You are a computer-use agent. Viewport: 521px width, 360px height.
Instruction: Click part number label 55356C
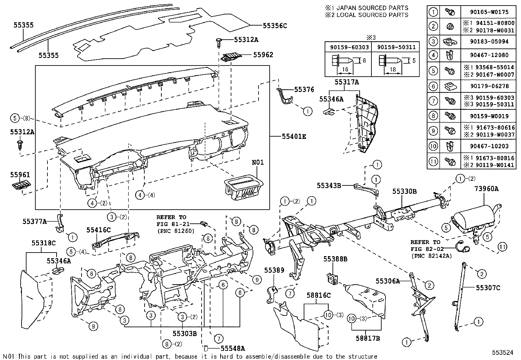[275, 26]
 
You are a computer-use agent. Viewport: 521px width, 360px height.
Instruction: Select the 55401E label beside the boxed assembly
[294, 137]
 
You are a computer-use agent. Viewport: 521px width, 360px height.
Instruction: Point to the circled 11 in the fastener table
[433, 161]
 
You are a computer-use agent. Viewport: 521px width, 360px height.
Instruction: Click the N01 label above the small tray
[258, 162]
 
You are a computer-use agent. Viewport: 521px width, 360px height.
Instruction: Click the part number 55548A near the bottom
[233, 349]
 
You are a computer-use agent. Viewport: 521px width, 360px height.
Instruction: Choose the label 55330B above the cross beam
[404, 192]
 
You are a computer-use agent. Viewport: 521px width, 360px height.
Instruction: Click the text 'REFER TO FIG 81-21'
[171, 220]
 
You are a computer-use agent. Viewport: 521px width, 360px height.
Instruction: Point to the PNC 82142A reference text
[431, 256]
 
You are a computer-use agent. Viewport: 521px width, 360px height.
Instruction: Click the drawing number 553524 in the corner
[503, 352]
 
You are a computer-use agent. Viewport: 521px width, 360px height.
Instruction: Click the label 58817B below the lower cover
[368, 338]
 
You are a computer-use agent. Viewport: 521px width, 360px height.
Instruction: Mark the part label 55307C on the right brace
[488, 288]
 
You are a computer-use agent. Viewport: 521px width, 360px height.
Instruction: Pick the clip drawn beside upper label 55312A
[219, 42]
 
